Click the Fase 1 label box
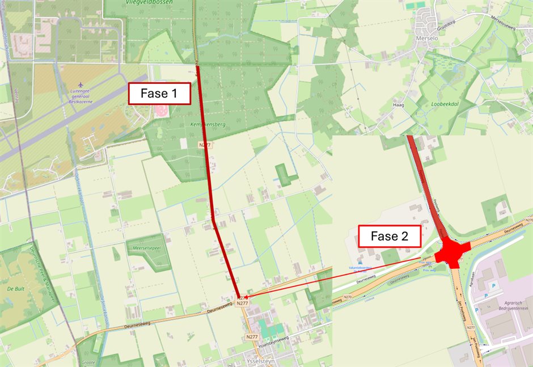(x=159, y=94)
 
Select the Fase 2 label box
(x=390, y=236)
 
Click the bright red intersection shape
(x=452, y=251)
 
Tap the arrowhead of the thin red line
(x=248, y=296)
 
